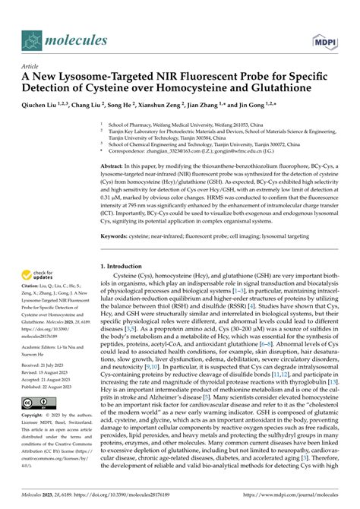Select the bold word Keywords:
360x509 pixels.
[117, 236]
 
